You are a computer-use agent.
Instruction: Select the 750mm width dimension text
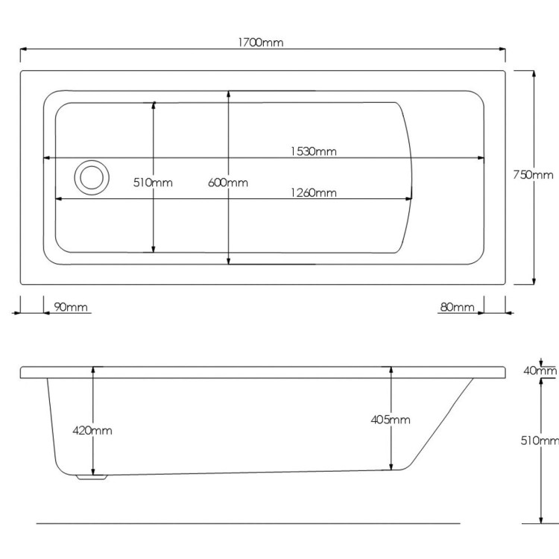pyautogui.click(x=533, y=175)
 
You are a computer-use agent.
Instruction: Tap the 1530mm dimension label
pyautogui.click(x=314, y=151)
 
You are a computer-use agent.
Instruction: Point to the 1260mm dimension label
pyautogui.click(x=314, y=193)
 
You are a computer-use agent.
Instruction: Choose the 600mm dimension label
pyautogui.click(x=228, y=183)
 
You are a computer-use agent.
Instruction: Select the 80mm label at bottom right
pyautogui.click(x=457, y=307)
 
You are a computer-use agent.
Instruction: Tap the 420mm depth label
pyautogui.click(x=92, y=430)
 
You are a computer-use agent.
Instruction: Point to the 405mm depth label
pyautogui.click(x=391, y=420)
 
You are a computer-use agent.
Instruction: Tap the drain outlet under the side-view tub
pyautogui.click(x=93, y=477)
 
